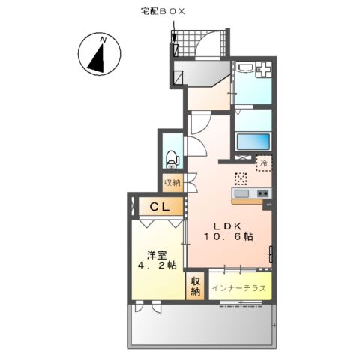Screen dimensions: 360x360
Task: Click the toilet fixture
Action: [x=172, y=158]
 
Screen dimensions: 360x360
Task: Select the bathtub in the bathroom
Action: [x=252, y=142]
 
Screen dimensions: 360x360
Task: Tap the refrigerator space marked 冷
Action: [x=263, y=162]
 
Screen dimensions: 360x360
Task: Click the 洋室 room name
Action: [x=155, y=253]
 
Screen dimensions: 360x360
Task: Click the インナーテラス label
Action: [x=238, y=288]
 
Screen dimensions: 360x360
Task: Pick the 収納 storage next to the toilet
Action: [x=172, y=182]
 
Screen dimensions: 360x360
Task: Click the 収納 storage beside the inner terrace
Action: [x=196, y=286]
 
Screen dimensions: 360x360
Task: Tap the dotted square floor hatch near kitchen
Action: [x=241, y=178]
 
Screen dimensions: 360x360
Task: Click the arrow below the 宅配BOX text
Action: [x=174, y=37]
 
